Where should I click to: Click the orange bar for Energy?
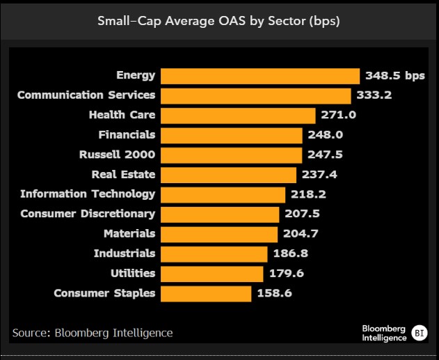tap(260, 75)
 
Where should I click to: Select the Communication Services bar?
tap(255, 95)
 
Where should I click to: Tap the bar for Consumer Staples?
tap(206, 293)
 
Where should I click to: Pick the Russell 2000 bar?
tap(231, 155)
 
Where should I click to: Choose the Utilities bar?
tap(212, 273)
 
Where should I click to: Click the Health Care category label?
tap(122, 114)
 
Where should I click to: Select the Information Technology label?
tap(88, 194)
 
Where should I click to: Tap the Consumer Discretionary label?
tap(88, 214)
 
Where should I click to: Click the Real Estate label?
tap(123, 174)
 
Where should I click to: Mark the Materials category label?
tap(129, 233)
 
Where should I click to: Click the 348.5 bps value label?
tap(394, 75)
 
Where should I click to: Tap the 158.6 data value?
tap(273, 293)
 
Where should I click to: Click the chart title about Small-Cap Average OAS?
tap(218, 20)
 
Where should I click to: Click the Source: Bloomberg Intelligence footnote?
tap(93, 332)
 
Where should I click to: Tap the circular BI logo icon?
tap(420, 332)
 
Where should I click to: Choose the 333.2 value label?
tap(374, 95)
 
